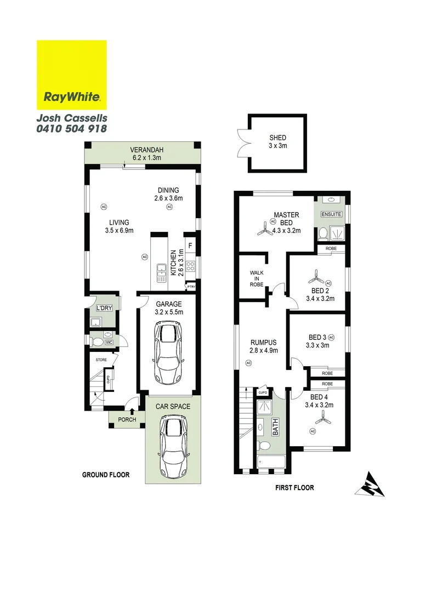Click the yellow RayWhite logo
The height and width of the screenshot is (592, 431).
point(71,75)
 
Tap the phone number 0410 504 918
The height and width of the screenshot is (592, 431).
point(71,129)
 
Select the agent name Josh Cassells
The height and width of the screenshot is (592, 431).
point(71,118)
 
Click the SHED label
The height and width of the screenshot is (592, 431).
point(278,138)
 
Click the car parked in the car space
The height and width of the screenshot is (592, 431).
point(172,446)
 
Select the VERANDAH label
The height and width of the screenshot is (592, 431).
point(146,150)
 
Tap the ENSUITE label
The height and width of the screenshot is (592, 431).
point(331,214)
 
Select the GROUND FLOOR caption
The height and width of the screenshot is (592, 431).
point(106,475)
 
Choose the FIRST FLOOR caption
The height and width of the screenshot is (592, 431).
point(294,487)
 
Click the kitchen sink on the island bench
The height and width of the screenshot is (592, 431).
point(161,272)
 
